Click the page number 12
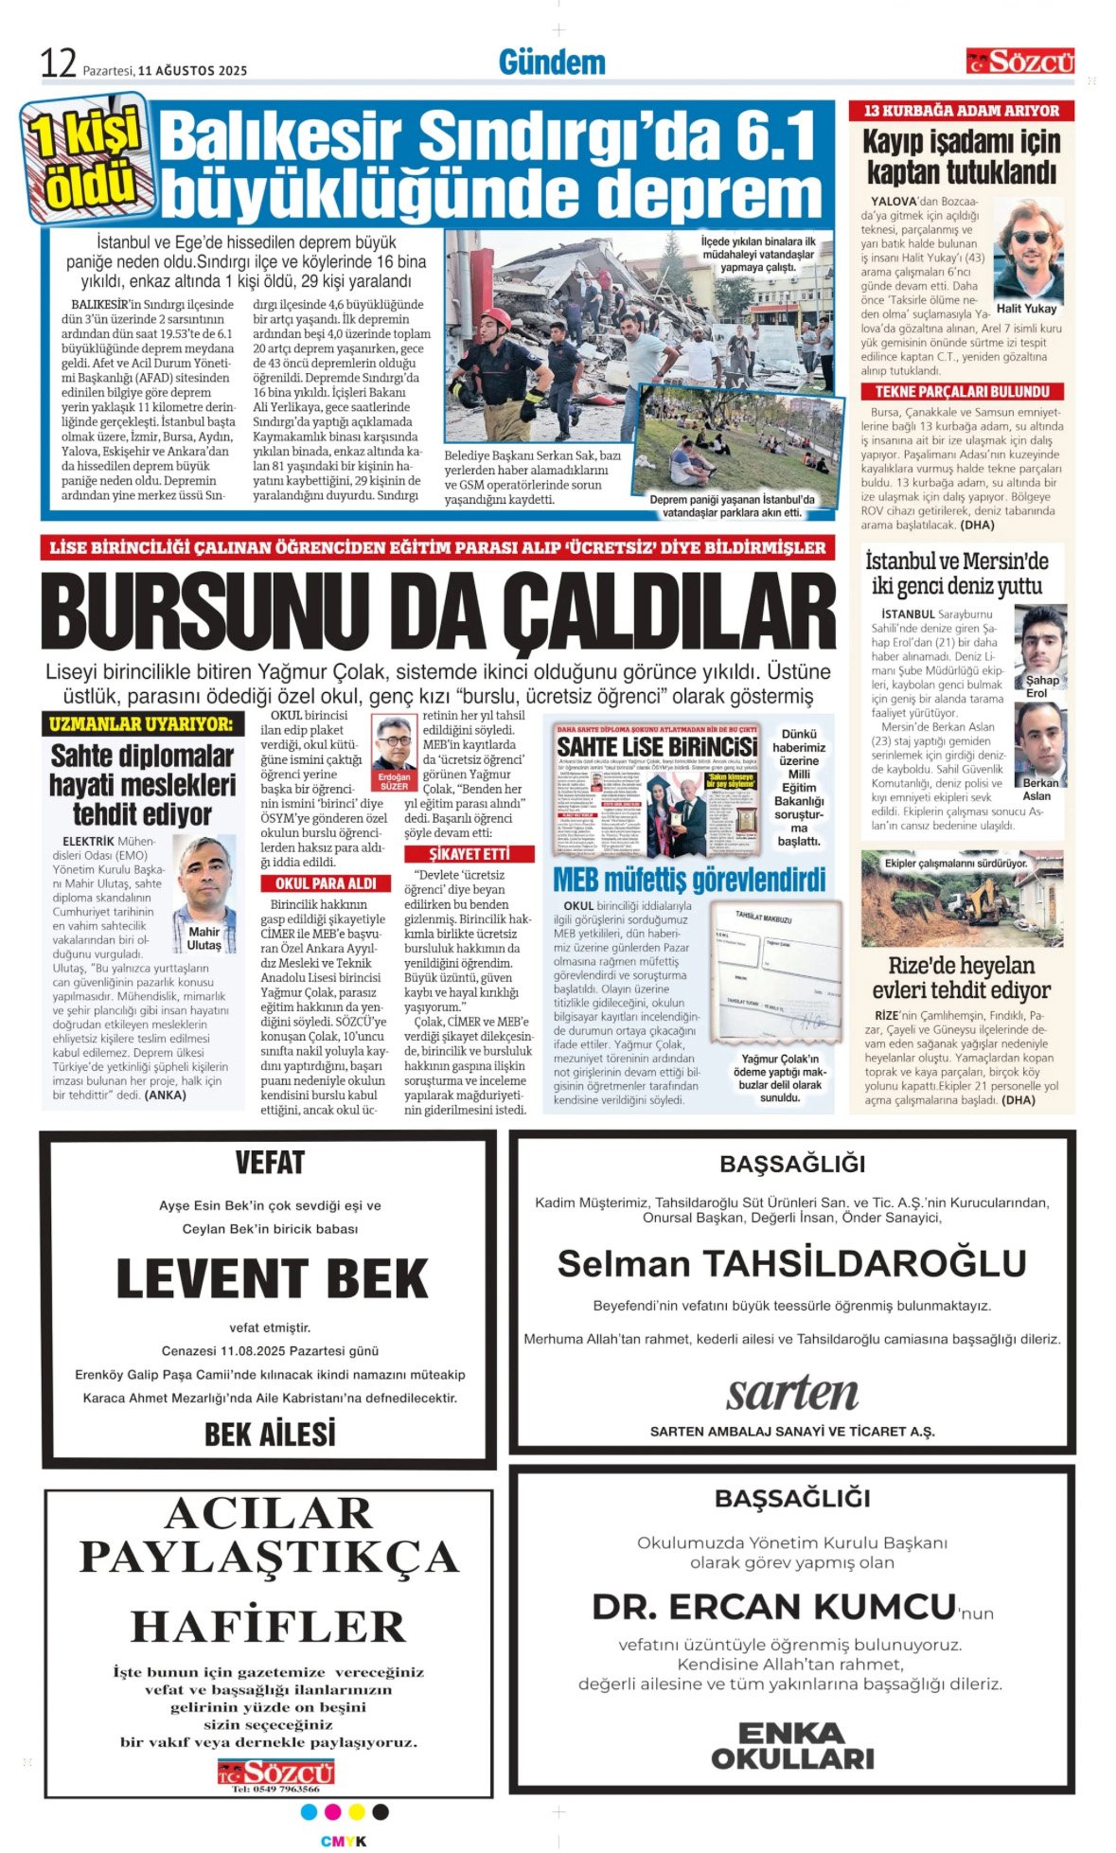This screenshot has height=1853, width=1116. (x=58, y=63)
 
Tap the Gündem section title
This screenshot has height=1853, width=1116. (x=552, y=62)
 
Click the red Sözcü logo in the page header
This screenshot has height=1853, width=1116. (x=1019, y=62)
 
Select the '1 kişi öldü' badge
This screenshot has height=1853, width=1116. (x=86, y=157)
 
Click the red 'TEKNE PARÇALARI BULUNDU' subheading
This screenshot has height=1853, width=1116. (x=962, y=391)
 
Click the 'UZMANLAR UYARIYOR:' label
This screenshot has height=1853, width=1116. (x=140, y=724)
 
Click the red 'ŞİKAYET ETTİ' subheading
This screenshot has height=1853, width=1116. (x=469, y=853)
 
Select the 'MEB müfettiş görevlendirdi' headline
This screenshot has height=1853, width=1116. (x=689, y=880)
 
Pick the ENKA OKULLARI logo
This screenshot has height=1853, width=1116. (x=792, y=1746)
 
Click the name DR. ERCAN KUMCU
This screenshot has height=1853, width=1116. (x=773, y=1607)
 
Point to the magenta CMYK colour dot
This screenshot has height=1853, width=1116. (x=332, y=1811)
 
